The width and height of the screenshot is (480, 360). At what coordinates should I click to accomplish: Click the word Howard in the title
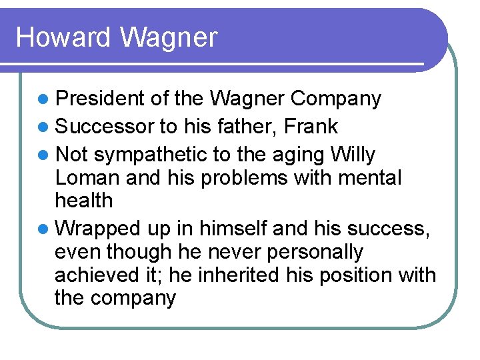[64, 37]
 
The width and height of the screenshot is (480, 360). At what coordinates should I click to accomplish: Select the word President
[99, 99]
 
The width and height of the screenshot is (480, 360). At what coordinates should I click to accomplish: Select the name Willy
[352, 155]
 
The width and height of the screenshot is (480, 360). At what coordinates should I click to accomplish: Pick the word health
[83, 201]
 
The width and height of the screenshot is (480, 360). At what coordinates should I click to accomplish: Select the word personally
[325, 252]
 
